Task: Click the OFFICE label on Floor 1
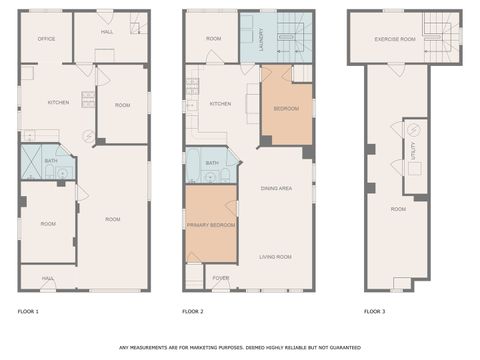click(x=46, y=38)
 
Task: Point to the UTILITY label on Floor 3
click(x=412, y=150)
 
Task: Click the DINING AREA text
click(x=276, y=188)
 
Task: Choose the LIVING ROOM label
click(x=276, y=257)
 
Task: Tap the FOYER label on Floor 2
click(x=221, y=278)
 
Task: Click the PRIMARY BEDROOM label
click(x=211, y=225)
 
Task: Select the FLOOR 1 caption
click(x=28, y=313)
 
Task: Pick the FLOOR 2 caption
click(x=193, y=313)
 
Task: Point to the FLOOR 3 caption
click(x=374, y=313)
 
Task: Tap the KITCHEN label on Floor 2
click(x=221, y=103)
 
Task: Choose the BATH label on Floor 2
click(x=212, y=163)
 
